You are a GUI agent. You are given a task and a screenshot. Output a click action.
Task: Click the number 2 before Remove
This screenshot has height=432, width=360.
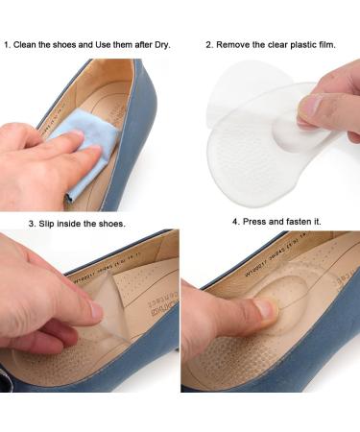[208, 44]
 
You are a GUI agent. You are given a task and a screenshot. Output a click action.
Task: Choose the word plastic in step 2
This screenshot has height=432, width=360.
[311, 44]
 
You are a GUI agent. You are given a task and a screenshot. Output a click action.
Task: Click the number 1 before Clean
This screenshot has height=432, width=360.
[9, 44]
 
